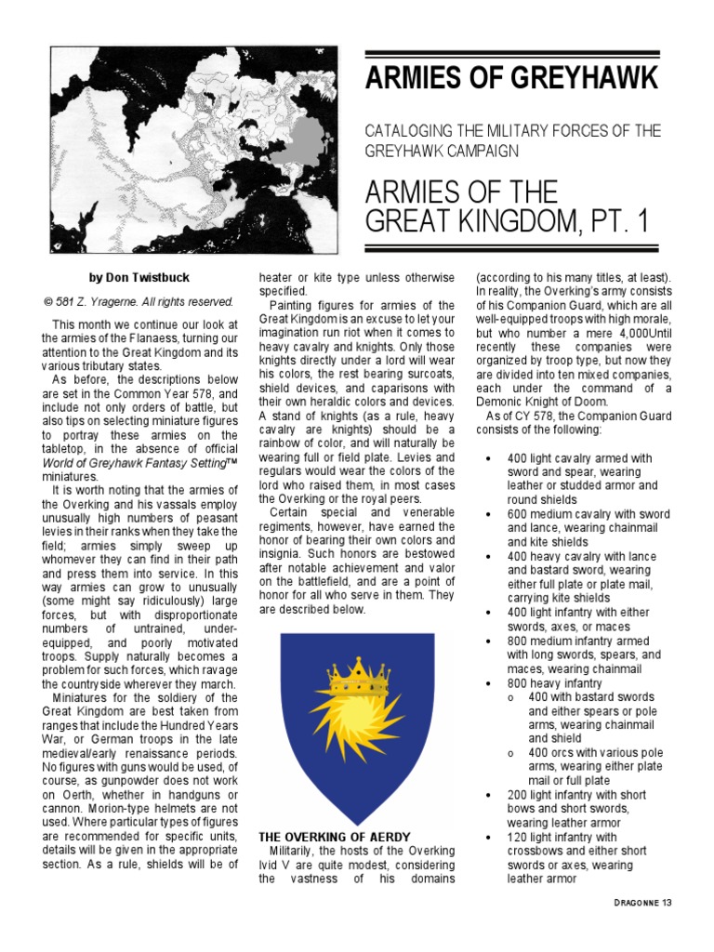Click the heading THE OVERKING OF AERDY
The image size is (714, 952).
pos(335,837)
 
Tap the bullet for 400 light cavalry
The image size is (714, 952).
pos(489,459)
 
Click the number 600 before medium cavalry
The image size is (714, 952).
pos(518,514)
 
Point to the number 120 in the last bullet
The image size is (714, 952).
pos(518,838)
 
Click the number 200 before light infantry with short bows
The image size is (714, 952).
pos(518,796)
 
